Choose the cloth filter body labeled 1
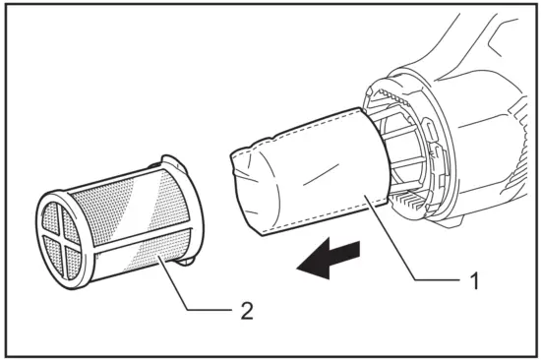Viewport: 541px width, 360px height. pyautogui.click(x=315, y=177)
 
